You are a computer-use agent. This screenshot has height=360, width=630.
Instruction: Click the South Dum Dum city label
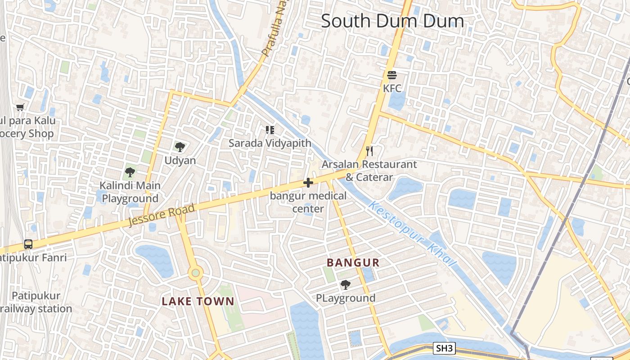click(392, 21)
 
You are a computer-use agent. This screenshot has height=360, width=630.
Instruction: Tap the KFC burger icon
click(391, 75)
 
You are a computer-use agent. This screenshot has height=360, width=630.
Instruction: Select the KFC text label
click(391, 88)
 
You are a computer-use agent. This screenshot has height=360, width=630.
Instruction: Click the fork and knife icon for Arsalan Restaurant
click(369, 151)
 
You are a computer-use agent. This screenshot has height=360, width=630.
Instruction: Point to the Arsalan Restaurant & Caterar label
click(369, 171)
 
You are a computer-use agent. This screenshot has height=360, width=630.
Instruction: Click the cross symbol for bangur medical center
click(308, 183)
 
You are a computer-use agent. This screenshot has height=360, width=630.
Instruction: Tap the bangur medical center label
click(308, 202)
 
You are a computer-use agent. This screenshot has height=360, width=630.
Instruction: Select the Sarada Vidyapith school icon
click(270, 130)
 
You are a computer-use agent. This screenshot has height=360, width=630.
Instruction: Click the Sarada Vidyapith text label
click(270, 143)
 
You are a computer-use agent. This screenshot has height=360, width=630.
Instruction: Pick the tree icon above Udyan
click(180, 147)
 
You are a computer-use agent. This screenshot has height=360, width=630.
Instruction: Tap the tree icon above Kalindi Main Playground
click(130, 172)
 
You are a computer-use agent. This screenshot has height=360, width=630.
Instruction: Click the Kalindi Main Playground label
click(130, 192)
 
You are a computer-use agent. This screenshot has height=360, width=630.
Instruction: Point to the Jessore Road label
click(162, 215)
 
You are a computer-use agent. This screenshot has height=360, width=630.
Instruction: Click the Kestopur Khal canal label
click(412, 234)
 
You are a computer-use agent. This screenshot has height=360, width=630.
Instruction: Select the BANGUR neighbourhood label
click(353, 263)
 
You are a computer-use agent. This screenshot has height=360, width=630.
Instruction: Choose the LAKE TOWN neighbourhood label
click(198, 301)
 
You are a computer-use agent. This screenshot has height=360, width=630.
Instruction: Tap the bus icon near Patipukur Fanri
click(28, 244)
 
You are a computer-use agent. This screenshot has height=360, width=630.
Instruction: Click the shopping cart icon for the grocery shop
click(20, 107)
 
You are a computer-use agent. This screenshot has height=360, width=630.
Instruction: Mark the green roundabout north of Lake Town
click(195, 272)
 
